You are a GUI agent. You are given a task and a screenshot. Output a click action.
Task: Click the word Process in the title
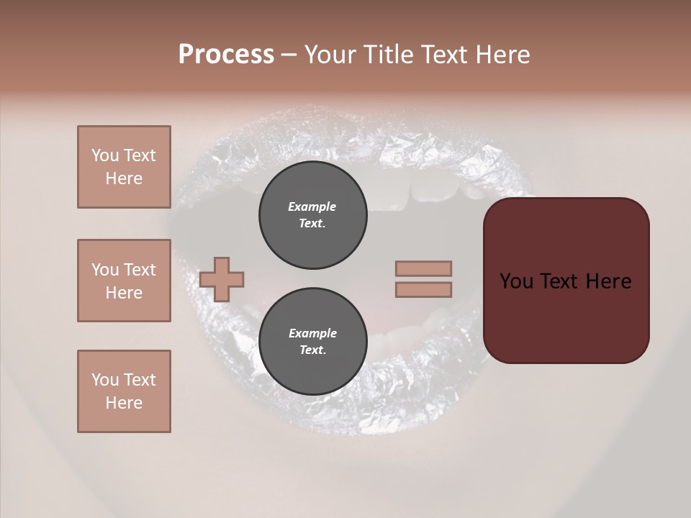point(226,55)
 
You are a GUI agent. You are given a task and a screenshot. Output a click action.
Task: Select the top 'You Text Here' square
point(124,167)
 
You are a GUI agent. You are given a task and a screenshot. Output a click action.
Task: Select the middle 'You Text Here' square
point(124,281)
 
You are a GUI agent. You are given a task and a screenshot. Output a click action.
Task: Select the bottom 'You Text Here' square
point(124,391)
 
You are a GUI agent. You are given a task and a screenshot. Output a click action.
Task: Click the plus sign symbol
point(222,279)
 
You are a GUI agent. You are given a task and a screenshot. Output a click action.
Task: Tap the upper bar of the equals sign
point(423,268)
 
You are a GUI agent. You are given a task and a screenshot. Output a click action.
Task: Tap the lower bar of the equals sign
point(423,290)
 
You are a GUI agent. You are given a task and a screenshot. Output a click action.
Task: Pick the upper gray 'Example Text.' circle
point(312,215)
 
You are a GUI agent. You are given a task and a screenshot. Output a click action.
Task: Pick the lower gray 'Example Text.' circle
point(312,342)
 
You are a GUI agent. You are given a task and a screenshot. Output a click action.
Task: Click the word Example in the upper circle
point(312,206)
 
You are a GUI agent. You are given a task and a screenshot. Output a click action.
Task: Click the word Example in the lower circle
point(312,333)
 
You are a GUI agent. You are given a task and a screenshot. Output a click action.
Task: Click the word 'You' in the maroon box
point(517,281)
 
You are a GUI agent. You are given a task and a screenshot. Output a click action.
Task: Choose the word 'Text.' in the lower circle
point(312,350)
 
